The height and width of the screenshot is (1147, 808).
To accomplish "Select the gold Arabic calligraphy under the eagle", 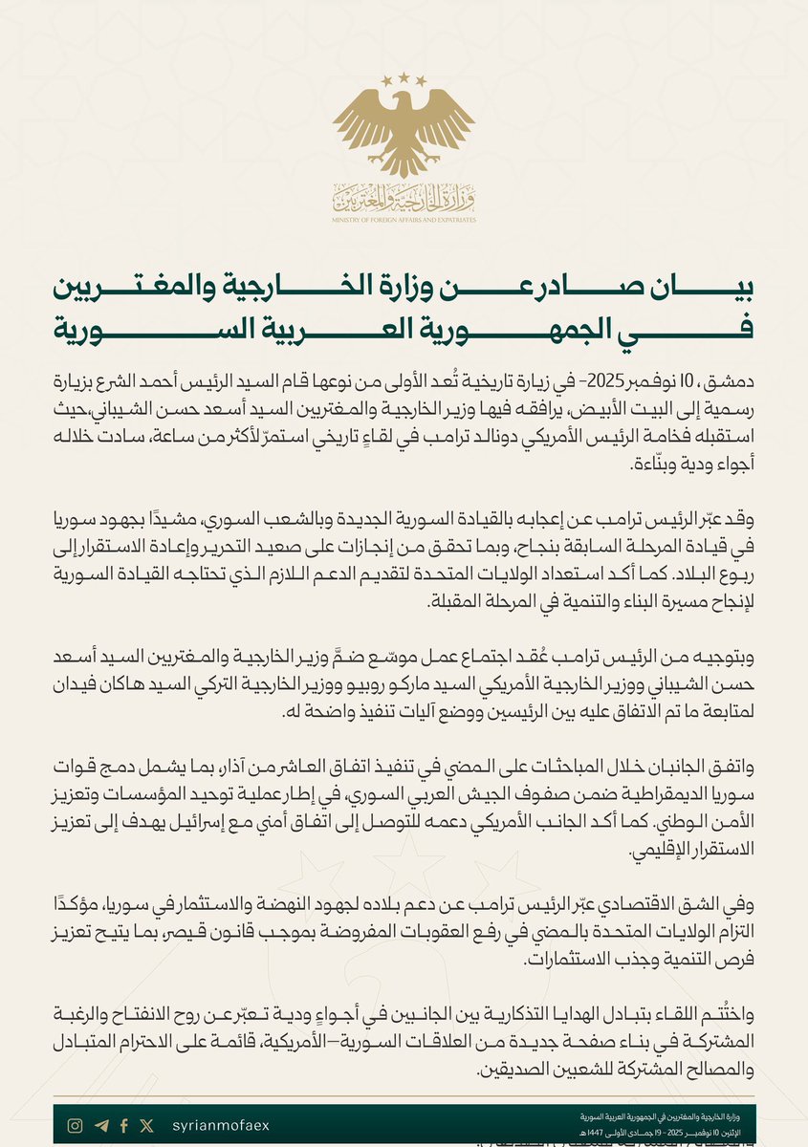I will coord(404,198).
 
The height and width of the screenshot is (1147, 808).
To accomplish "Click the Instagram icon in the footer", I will coord(75,1126).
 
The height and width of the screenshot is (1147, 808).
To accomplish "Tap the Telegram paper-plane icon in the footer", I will coord(101,1126).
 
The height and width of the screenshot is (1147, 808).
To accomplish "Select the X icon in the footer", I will coord(145,1126).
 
